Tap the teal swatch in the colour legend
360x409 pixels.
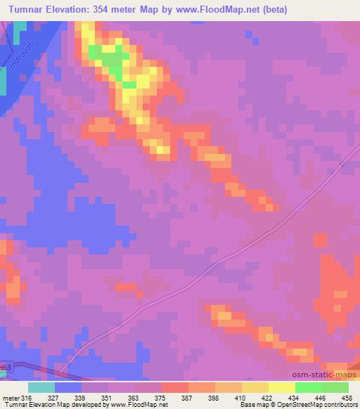click(x=41, y=387)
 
